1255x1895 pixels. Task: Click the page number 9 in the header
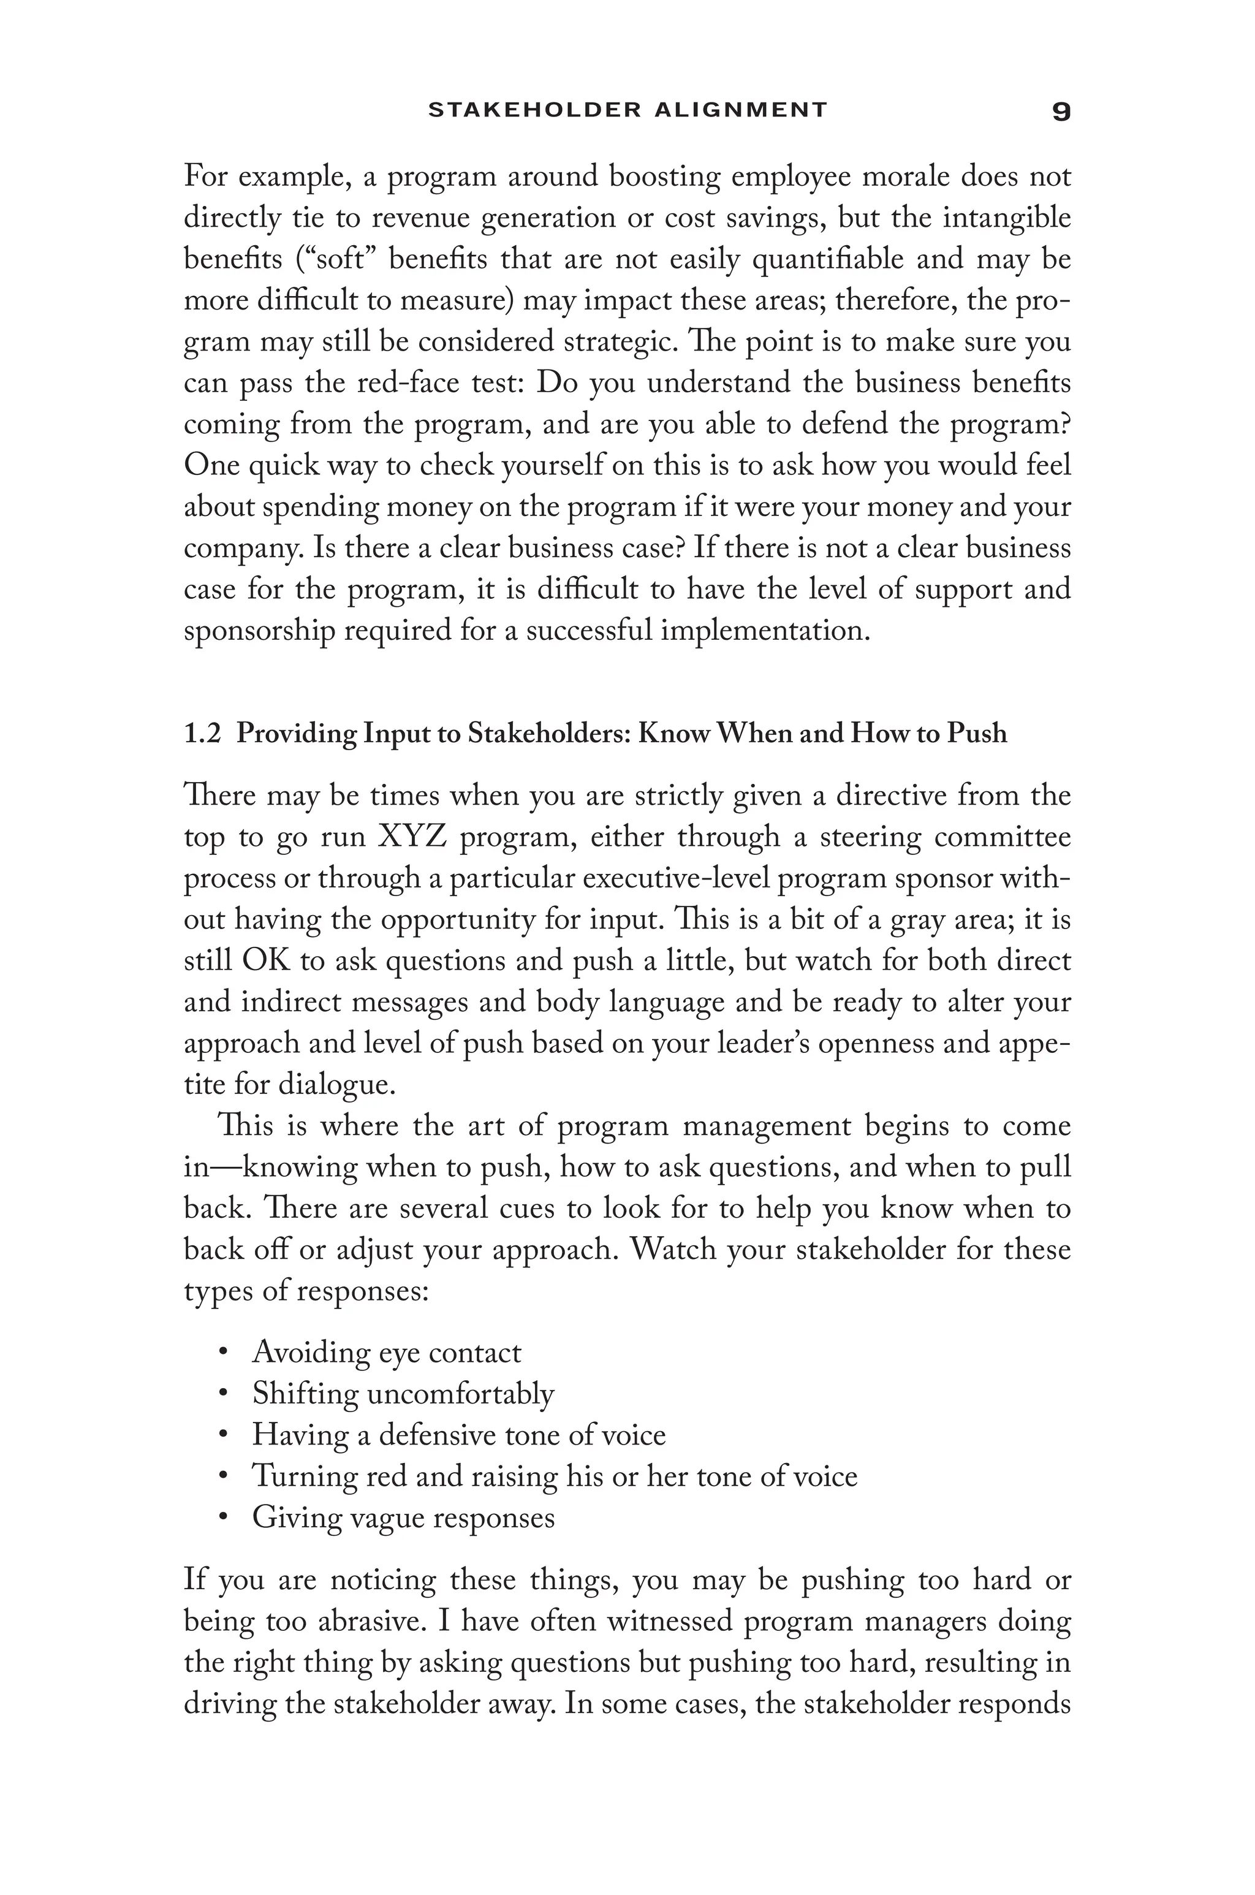[1061, 111]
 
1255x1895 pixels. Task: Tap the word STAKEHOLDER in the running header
[534, 110]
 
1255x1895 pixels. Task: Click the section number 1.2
[202, 733]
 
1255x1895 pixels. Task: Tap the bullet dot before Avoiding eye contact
[223, 1353]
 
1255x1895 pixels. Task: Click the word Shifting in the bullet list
[306, 1394]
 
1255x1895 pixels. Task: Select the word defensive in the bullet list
[437, 1435]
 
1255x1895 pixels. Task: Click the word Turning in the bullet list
[303, 1476]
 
